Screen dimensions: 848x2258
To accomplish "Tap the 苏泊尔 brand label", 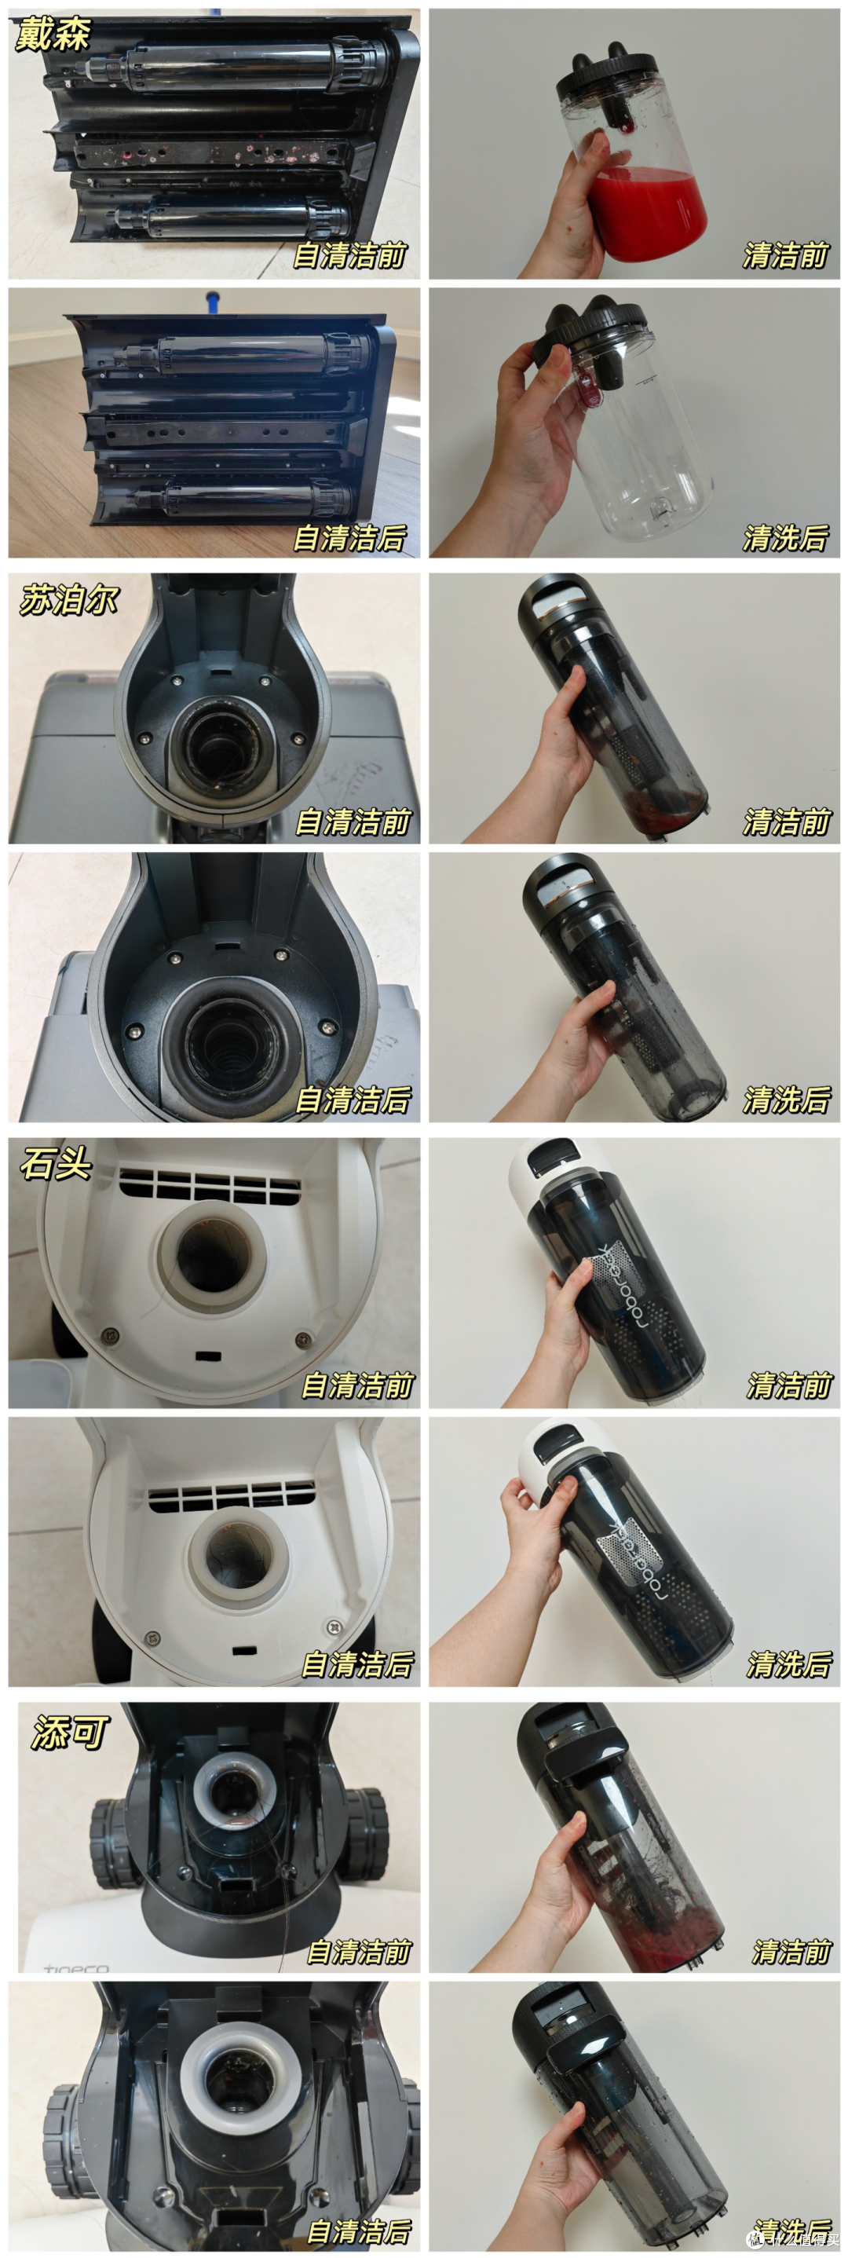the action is (68, 602).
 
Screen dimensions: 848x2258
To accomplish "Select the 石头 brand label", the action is (56, 1164).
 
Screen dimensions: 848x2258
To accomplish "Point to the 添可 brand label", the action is (70, 1732).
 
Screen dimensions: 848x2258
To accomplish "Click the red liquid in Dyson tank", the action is (649, 214).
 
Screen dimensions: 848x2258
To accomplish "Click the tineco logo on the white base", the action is (76, 1969).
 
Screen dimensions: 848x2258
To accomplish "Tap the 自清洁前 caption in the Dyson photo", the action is (350, 255).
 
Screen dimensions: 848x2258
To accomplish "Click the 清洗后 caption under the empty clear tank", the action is (786, 538).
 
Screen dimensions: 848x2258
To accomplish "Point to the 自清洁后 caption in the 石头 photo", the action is (357, 1663).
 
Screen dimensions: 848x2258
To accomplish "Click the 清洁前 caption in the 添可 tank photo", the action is (791, 1951).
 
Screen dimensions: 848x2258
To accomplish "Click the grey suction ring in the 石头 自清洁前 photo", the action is (213, 1255).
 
